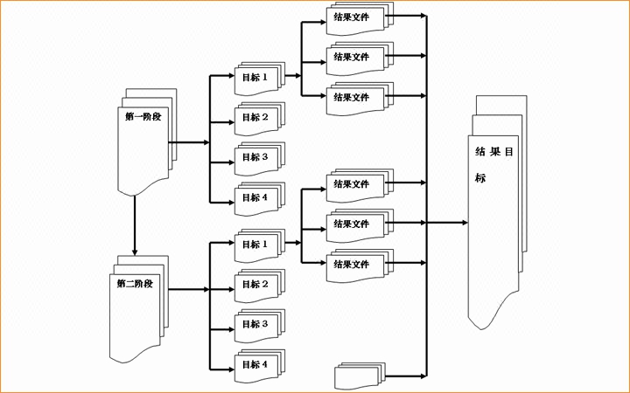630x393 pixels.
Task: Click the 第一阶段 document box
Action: pos(144,140)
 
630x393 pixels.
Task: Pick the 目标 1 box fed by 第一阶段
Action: pos(259,77)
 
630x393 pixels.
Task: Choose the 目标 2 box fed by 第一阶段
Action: pos(259,117)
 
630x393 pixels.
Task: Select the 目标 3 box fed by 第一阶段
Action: pos(259,157)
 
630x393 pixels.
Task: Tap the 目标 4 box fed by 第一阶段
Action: pos(259,197)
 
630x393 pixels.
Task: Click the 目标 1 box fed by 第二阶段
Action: pos(259,245)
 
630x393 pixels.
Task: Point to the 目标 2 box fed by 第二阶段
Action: pos(259,285)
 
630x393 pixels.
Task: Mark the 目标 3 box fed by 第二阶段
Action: pos(259,325)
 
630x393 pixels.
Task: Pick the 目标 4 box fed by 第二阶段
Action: pos(259,365)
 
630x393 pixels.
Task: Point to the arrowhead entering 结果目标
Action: pos(464,223)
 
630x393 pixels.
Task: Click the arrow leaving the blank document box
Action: pos(407,376)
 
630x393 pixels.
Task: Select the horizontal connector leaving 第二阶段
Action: pos(188,289)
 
